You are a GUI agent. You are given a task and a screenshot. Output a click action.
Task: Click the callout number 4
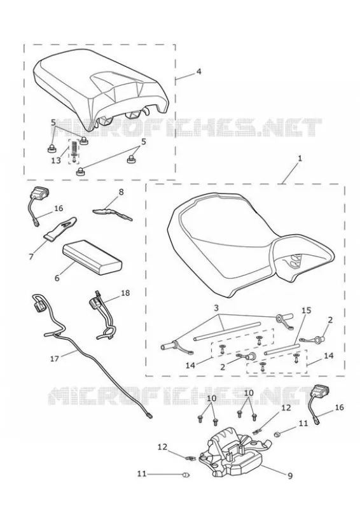(x=198, y=71)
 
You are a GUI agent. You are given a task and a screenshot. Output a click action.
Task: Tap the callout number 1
(x=300, y=158)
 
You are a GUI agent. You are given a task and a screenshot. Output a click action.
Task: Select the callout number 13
(x=56, y=160)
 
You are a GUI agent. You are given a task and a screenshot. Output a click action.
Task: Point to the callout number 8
(x=121, y=192)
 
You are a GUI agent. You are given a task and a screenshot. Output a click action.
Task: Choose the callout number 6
(x=57, y=278)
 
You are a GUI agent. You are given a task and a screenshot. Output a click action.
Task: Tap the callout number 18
(x=125, y=293)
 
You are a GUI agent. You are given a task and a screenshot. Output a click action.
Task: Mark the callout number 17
(x=55, y=359)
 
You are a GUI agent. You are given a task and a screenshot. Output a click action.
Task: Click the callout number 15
(x=306, y=310)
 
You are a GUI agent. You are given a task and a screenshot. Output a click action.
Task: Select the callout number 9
(x=290, y=476)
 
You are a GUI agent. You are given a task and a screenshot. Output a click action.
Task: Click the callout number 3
(x=217, y=307)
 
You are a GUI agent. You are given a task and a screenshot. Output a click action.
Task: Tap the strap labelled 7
(x=61, y=228)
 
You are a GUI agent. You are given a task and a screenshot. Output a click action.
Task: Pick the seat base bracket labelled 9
(x=232, y=453)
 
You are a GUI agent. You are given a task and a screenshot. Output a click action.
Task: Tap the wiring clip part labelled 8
(x=112, y=213)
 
